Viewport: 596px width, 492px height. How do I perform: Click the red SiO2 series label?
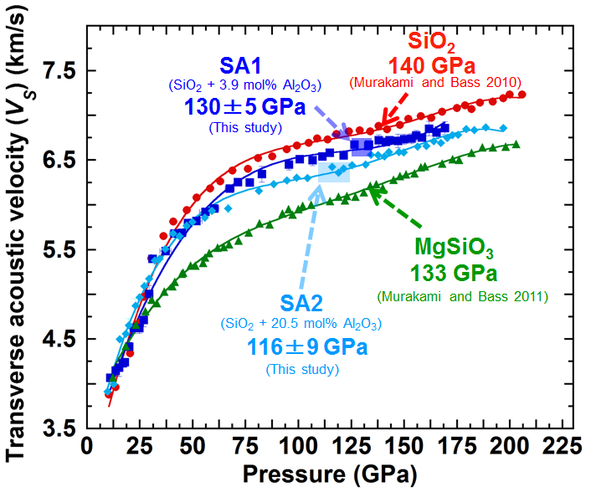click(432, 41)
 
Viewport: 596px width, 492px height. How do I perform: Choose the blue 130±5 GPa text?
click(243, 108)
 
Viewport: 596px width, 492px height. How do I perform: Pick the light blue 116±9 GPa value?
click(302, 345)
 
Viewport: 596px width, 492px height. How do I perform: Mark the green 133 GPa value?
click(454, 273)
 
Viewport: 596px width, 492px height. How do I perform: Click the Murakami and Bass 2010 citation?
click(435, 82)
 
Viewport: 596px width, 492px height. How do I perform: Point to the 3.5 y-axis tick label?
click(59, 429)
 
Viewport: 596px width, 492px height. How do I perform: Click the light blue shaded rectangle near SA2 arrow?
click(334, 172)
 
